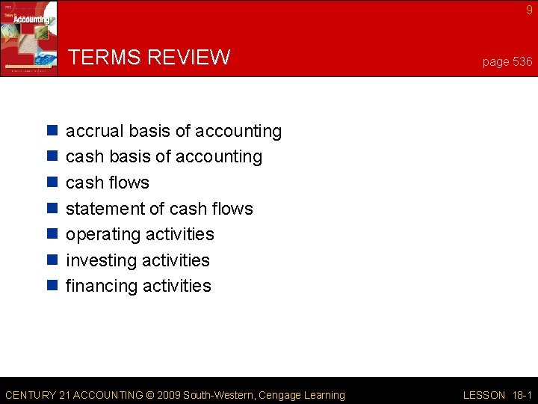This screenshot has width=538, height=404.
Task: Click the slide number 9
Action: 529,10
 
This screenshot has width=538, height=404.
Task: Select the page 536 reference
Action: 507,61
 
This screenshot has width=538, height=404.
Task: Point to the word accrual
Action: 94,132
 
